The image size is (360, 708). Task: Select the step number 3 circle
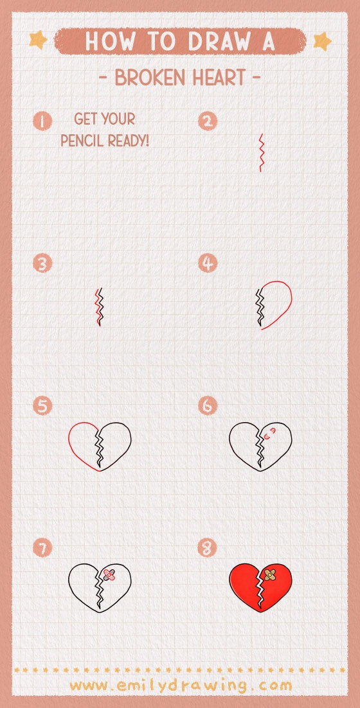tap(43, 263)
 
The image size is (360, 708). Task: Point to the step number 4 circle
tap(208, 263)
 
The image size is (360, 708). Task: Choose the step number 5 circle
tap(43, 406)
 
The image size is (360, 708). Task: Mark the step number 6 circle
tap(208, 406)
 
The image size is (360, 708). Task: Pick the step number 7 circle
tap(43, 548)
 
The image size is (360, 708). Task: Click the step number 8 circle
tap(208, 548)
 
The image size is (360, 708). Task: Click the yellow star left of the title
tap(38, 41)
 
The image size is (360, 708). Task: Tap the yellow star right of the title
tap(322, 41)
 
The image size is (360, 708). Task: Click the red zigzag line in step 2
tap(261, 152)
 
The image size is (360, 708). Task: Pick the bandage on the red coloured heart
tap(271, 573)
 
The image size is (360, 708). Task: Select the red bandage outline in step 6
tap(270, 432)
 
